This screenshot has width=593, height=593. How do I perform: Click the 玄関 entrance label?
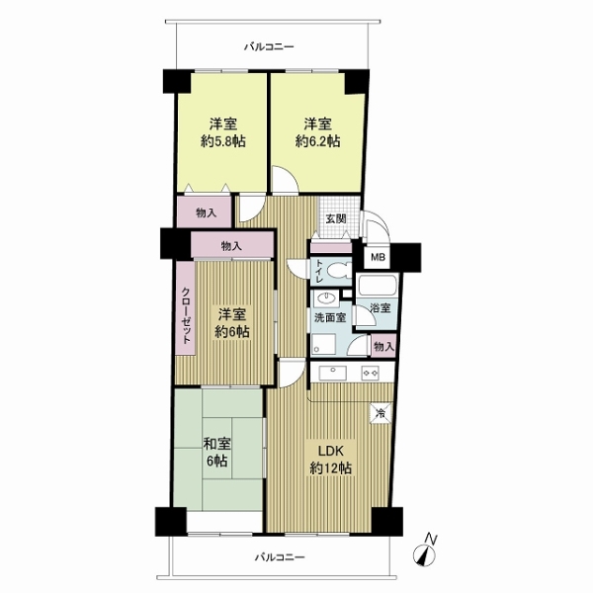tap(336, 218)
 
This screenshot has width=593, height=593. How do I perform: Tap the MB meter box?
tap(378, 258)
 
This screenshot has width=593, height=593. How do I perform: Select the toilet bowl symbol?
tap(338, 271)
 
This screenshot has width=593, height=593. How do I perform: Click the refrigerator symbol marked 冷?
tap(381, 413)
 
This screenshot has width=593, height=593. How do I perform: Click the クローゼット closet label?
tap(186, 316)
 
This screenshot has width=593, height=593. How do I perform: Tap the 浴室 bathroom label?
tap(380, 307)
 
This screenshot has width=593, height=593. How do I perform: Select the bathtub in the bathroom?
tap(378, 286)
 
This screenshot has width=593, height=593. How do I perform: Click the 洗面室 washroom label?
tap(330, 317)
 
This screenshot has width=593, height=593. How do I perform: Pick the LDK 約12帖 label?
tap(330, 460)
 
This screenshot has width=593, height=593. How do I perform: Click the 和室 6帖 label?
tap(217, 452)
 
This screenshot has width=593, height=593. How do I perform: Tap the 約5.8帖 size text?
tap(223, 141)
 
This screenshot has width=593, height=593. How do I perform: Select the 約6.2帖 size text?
tap(317, 141)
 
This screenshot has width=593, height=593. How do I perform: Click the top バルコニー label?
tap(269, 47)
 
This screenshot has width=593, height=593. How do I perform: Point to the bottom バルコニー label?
tap(280, 557)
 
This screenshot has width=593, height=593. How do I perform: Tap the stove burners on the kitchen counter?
tap(371, 373)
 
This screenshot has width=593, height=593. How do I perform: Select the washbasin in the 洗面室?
tap(326, 298)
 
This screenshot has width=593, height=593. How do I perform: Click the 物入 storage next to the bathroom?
tap(384, 346)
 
